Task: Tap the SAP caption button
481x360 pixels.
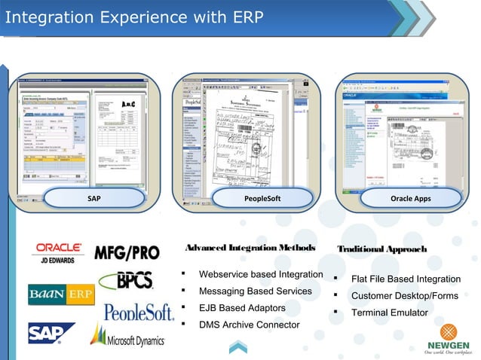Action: point(94,198)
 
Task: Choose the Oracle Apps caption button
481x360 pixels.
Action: point(411,198)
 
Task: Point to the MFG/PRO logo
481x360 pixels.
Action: point(127,252)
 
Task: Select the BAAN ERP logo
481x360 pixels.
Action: point(61,294)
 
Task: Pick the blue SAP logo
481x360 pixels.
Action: point(51,333)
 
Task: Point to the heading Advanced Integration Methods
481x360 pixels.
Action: point(250,249)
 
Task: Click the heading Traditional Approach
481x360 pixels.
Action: point(381,249)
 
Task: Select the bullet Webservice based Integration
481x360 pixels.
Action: point(260,274)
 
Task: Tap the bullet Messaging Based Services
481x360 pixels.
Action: point(255,291)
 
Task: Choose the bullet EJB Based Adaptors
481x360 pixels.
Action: point(241,308)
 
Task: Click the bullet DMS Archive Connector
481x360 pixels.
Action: point(249,325)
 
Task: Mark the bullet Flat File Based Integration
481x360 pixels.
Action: point(406,279)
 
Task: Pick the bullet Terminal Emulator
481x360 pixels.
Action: point(389,313)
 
